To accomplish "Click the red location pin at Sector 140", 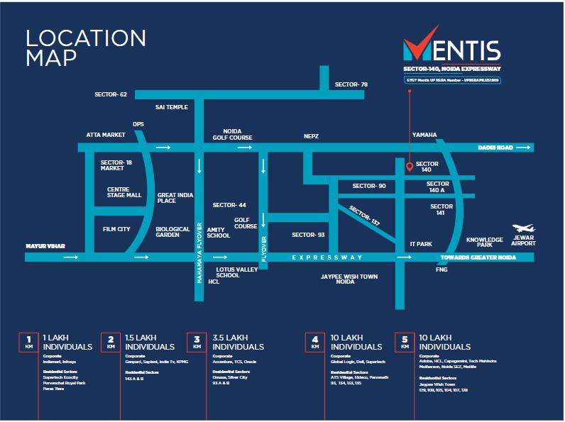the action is (410, 167).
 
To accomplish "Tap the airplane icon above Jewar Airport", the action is (523, 228).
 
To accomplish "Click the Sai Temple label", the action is (172, 107).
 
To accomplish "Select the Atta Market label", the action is (106, 134).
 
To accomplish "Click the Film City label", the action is (117, 229).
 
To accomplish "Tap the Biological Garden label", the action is (173, 233).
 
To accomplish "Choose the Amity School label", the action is (219, 233).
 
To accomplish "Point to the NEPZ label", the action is (311, 134).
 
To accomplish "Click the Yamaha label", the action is (424, 134).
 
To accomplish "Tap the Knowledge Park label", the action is (485, 242).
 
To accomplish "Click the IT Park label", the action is (421, 244).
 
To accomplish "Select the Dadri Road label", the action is (494, 148).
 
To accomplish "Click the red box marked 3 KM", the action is (195, 343).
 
